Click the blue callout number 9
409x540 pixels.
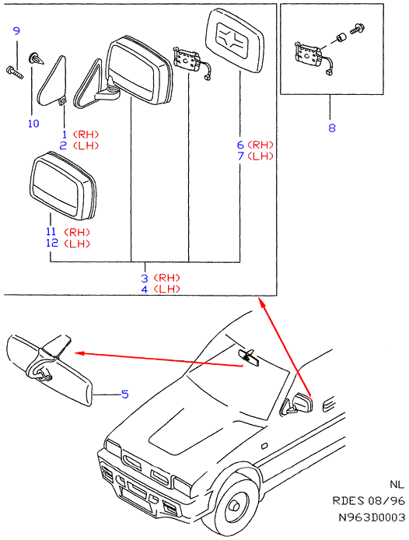[16, 31]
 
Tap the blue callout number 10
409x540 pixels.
[33, 124]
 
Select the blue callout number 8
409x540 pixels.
[331, 128]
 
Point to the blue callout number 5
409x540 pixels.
[125, 394]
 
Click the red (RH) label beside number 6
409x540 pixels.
[260, 145]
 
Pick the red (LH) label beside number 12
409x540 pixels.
[77, 244]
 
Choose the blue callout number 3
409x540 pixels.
[145, 279]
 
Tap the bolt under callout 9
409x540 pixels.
[15, 72]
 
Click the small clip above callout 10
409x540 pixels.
[36, 58]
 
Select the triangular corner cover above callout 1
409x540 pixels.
[53, 81]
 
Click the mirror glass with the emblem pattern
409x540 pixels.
[235, 40]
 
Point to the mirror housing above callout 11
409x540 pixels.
[63, 185]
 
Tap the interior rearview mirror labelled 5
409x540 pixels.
[48, 369]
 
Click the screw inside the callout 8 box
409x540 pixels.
[358, 29]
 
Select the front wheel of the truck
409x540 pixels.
[234, 504]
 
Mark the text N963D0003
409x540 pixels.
[372, 517]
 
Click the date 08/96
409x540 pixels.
[386, 500]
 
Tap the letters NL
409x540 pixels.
[397, 484]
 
